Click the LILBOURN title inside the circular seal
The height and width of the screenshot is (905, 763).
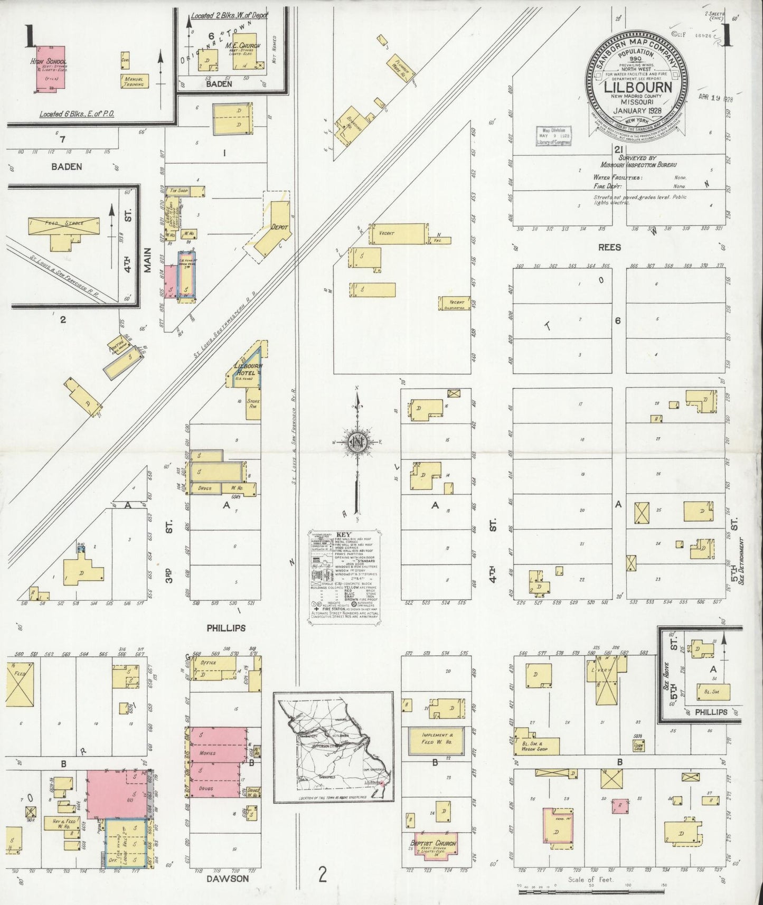tap(638, 87)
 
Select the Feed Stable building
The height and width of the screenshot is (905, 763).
tap(63, 223)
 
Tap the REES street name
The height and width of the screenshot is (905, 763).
tap(609, 247)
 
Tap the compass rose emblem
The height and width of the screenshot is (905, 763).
tap(357, 442)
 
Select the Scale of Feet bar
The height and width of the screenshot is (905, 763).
tap(589, 891)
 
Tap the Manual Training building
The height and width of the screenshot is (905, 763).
tap(135, 81)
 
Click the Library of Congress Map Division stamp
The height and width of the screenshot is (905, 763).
tap(552, 136)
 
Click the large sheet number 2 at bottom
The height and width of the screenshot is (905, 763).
tap(323, 874)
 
